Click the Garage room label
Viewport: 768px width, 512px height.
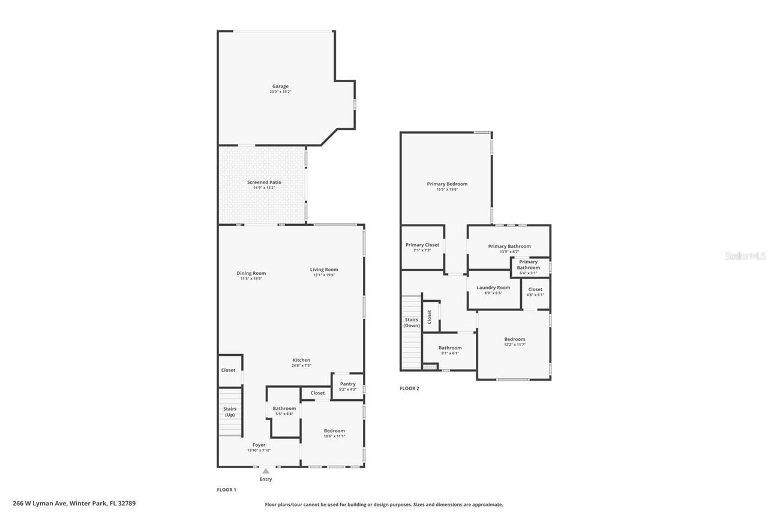coord(280,86)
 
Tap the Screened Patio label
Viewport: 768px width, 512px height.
coord(264,182)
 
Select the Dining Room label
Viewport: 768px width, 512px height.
coord(251,274)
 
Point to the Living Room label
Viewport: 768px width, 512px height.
coord(324,270)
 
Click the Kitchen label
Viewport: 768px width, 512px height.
coord(301,360)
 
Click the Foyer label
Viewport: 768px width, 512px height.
coord(259,445)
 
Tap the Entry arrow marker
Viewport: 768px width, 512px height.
coord(266,471)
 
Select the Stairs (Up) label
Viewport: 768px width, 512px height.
coord(229,412)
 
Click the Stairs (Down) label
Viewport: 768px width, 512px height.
coord(412,322)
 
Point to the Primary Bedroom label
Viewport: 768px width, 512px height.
coord(447,184)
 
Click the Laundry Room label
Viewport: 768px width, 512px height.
coord(493,288)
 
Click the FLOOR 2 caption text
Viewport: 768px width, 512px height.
coord(409,388)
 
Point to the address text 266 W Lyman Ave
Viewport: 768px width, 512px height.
coord(74,504)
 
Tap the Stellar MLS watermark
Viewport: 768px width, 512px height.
coord(745,256)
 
